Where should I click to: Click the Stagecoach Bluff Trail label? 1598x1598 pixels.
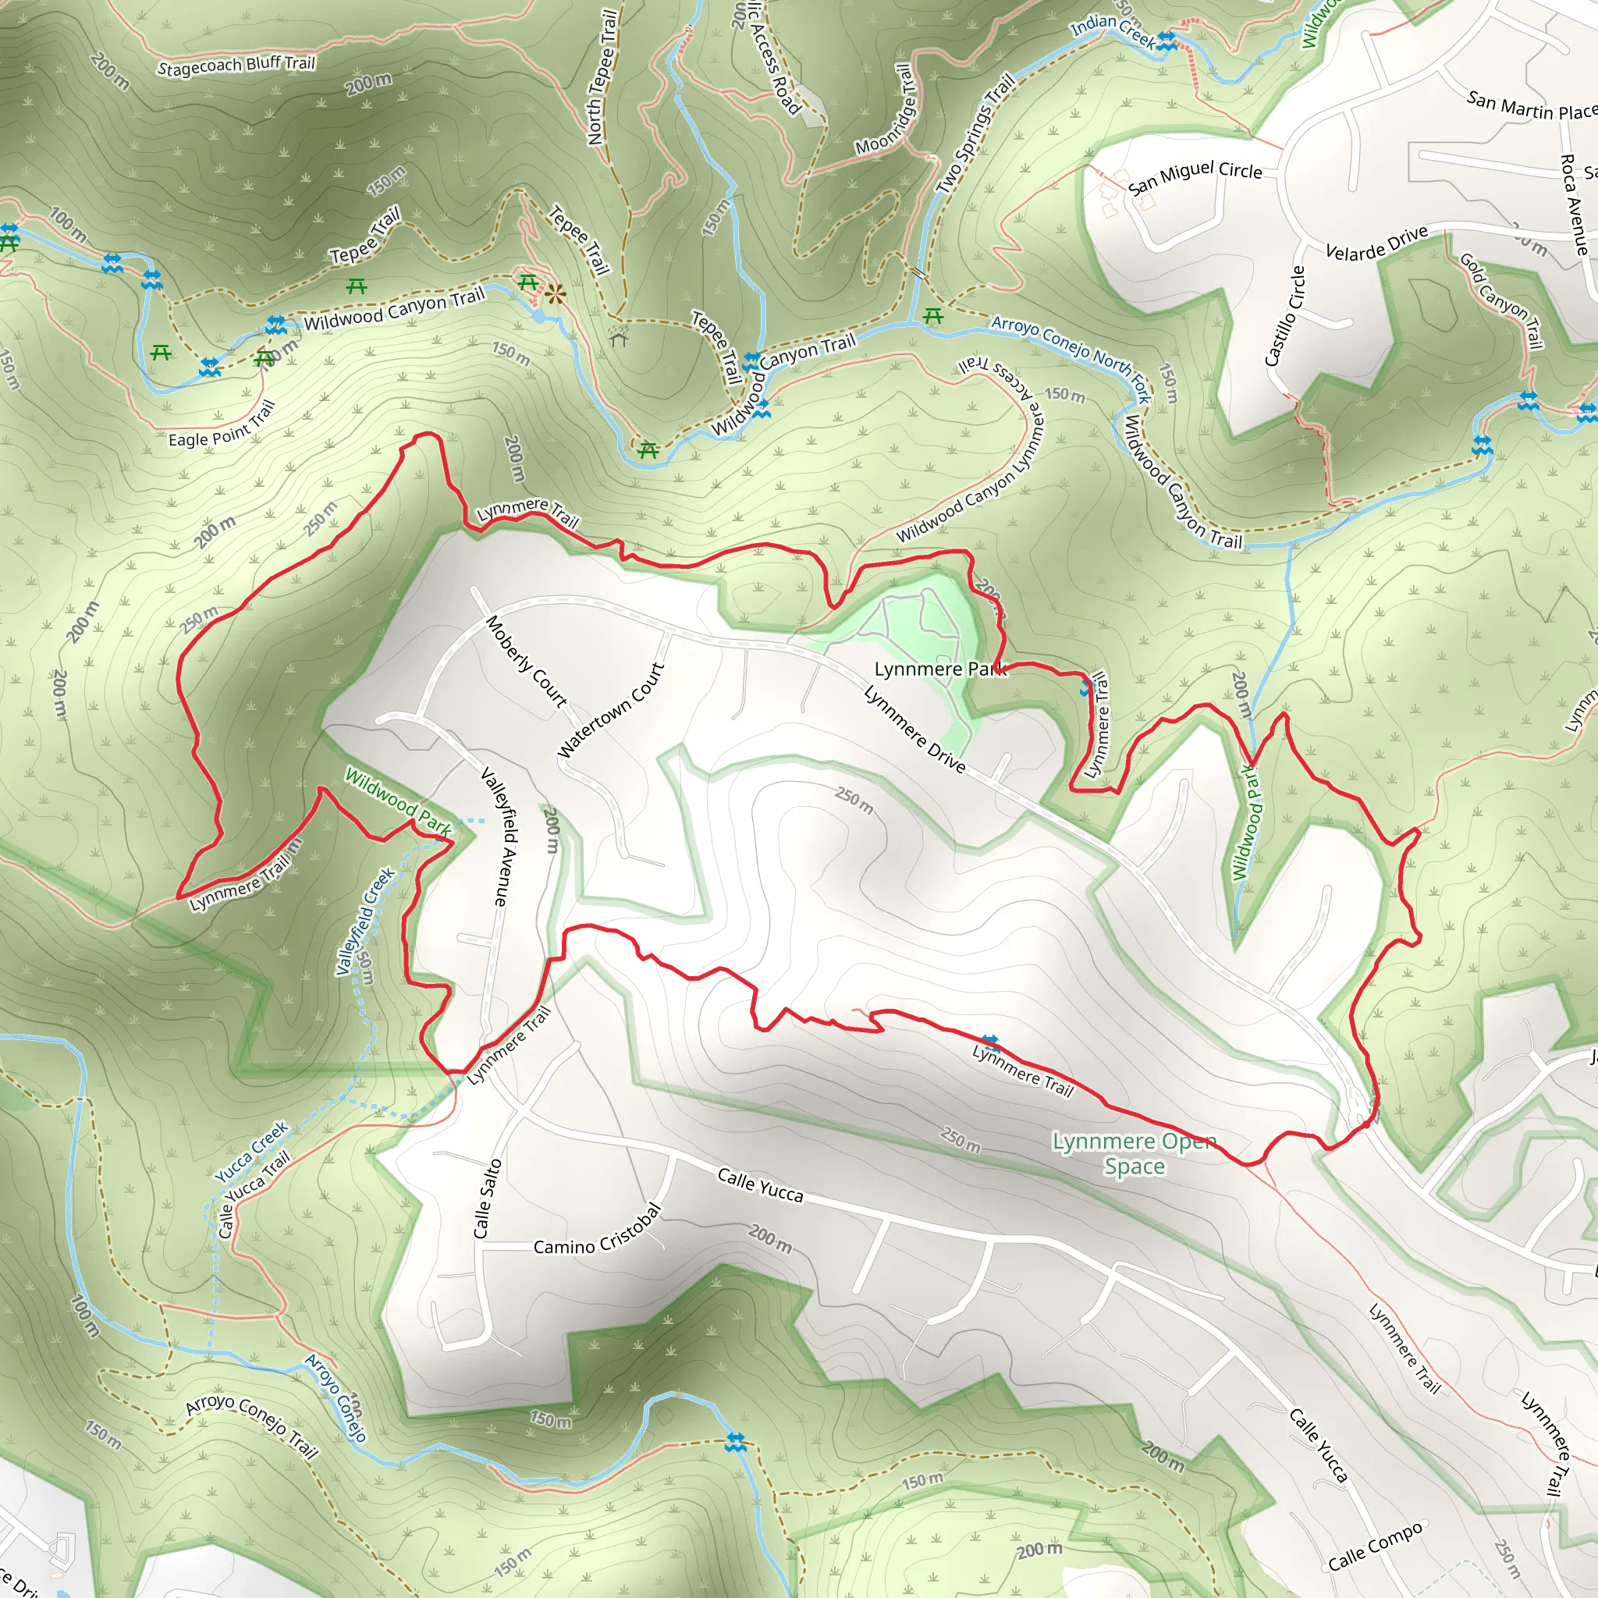point(236,65)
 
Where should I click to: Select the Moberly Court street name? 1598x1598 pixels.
point(526,662)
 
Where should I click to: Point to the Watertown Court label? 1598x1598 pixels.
point(611,711)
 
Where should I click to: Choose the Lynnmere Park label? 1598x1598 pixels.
point(940,669)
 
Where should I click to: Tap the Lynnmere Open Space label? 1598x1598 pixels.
point(1134,1154)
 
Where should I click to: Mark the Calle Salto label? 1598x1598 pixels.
point(487,1198)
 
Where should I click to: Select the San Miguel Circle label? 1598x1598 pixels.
point(1195,177)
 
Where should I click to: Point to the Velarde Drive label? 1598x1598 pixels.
point(1376,243)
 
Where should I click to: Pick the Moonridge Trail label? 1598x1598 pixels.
point(887,111)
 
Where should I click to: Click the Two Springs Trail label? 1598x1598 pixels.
point(975,135)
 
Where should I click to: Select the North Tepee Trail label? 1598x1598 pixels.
point(602,77)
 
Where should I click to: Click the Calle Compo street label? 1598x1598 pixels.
point(1376,1546)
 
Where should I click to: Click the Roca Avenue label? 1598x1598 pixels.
point(1574,204)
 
